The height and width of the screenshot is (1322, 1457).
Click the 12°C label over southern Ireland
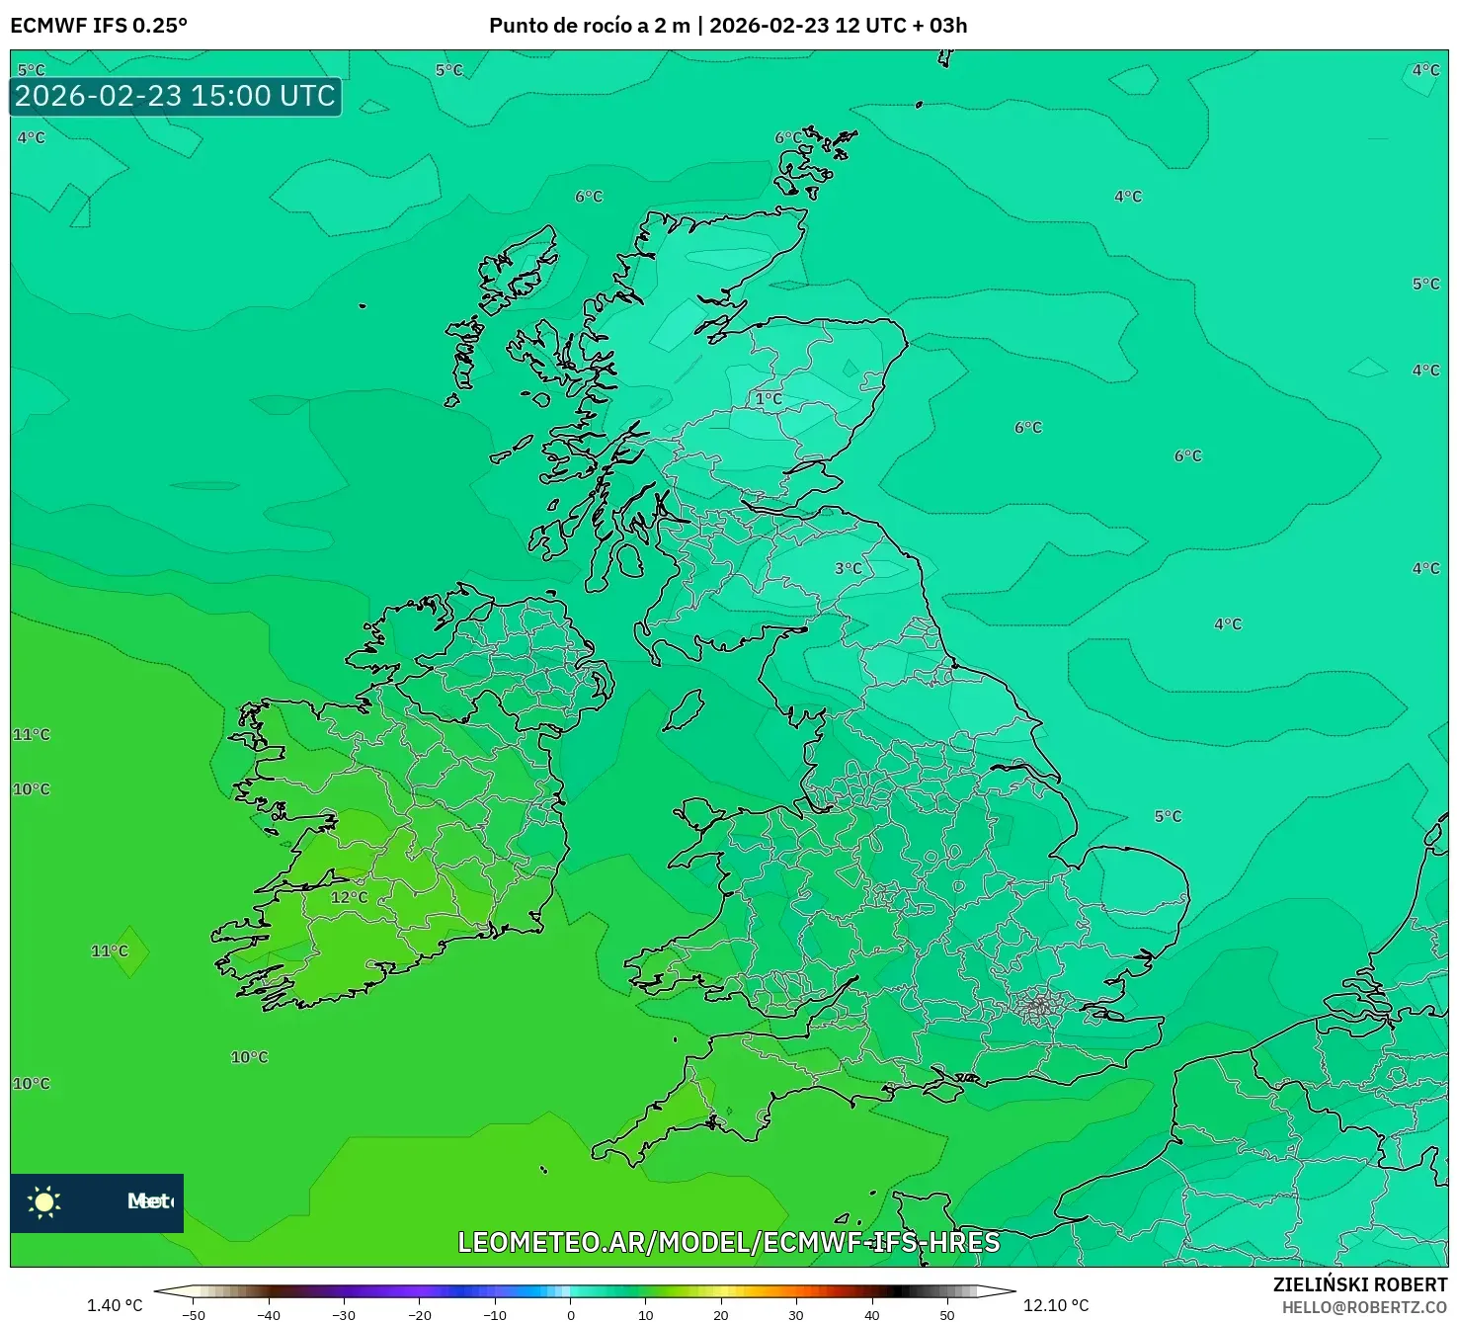point(349,897)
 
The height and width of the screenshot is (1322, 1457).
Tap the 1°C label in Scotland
point(769,399)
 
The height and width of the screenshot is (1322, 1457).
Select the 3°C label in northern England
point(848,568)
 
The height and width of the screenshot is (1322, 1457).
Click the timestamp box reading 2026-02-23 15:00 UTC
point(176,96)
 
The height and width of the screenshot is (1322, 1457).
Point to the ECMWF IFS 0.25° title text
point(99,26)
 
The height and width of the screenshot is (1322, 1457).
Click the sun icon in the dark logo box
point(44,1201)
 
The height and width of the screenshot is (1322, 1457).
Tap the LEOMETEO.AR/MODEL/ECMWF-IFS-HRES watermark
point(728,1242)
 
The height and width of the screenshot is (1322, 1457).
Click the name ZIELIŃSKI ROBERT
point(1359,1284)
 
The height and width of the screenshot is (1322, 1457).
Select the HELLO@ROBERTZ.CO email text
point(1364,1307)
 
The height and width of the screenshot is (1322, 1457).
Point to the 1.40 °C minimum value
point(115,1305)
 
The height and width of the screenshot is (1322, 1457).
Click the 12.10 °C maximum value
point(1056,1305)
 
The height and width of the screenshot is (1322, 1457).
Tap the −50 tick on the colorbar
point(194,1315)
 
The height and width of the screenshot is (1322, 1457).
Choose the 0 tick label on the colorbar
point(571,1315)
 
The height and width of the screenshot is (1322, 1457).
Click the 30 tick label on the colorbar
point(796,1315)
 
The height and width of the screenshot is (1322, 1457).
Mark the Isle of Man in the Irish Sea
point(685,709)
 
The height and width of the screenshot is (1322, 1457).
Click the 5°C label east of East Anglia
point(1168,816)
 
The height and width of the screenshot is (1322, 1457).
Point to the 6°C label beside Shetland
point(788,137)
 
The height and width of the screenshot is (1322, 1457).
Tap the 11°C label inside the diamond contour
point(110,950)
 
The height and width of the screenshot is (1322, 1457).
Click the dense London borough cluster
point(1038,1007)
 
